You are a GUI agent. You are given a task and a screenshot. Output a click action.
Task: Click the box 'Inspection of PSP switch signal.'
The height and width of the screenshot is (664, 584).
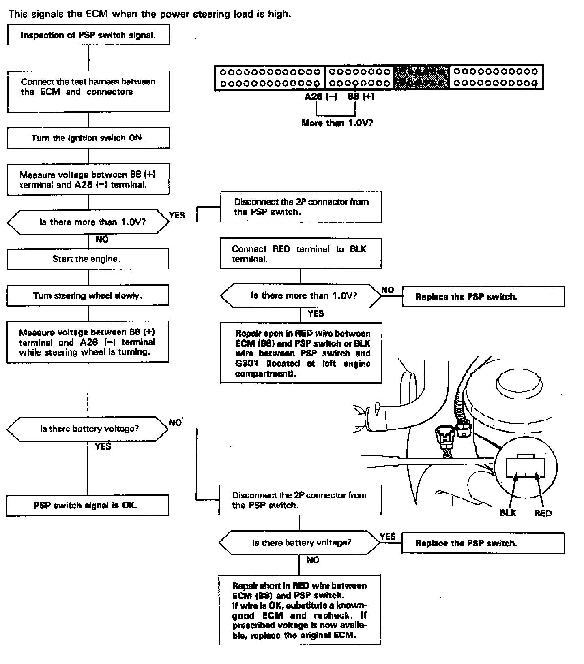point(88,35)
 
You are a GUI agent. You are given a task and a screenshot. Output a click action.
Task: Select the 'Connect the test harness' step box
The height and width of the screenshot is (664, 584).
point(88,91)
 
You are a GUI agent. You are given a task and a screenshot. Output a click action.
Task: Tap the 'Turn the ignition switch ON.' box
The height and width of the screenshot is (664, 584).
point(88,138)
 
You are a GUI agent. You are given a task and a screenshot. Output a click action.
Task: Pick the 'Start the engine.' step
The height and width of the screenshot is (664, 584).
point(88,259)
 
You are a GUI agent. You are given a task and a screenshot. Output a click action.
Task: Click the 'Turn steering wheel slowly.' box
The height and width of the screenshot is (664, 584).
point(88,295)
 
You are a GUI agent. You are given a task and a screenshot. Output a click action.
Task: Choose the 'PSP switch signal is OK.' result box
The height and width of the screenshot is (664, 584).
point(88,505)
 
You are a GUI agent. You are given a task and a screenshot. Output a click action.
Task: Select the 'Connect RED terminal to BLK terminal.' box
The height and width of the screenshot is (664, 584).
point(301,254)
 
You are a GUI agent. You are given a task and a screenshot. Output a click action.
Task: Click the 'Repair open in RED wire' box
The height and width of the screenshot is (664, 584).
point(301,353)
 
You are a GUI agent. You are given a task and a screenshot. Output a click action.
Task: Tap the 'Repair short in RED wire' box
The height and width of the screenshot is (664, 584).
point(300,610)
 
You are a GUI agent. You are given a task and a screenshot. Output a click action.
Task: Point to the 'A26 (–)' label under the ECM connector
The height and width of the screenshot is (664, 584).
point(321,97)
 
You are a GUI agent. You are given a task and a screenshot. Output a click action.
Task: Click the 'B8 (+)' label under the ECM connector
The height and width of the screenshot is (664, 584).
point(361,97)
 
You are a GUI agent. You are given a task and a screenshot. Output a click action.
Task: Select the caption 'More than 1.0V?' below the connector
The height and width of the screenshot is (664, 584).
point(337,123)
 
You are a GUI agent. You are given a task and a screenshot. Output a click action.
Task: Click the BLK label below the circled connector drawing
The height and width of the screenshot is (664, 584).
point(508,513)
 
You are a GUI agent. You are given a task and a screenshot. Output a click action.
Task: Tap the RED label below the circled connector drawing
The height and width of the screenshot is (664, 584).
point(543,513)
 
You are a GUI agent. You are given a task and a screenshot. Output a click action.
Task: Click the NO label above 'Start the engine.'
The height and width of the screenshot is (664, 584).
point(102,239)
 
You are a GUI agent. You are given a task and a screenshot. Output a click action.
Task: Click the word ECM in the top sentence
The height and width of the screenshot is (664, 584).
point(97,14)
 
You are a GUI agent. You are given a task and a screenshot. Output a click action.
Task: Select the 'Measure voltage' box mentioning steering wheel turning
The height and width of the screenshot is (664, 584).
point(88,342)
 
